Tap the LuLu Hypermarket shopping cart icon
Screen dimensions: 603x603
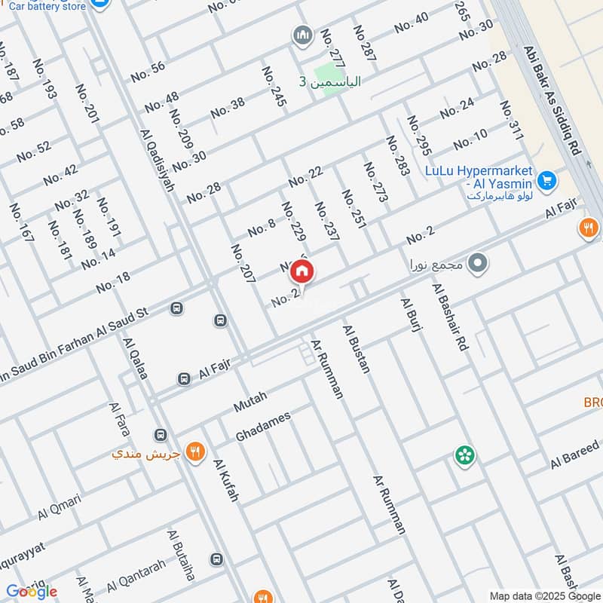pyautogui.click(x=547, y=181)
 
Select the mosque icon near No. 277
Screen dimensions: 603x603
pyautogui.click(x=302, y=35)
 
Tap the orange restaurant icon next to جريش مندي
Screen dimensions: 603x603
pyautogui.click(x=194, y=452)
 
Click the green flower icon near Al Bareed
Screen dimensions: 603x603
pyautogui.click(x=465, y=455)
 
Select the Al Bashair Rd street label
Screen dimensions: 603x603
pyautogui.click(x=450, y=317)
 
